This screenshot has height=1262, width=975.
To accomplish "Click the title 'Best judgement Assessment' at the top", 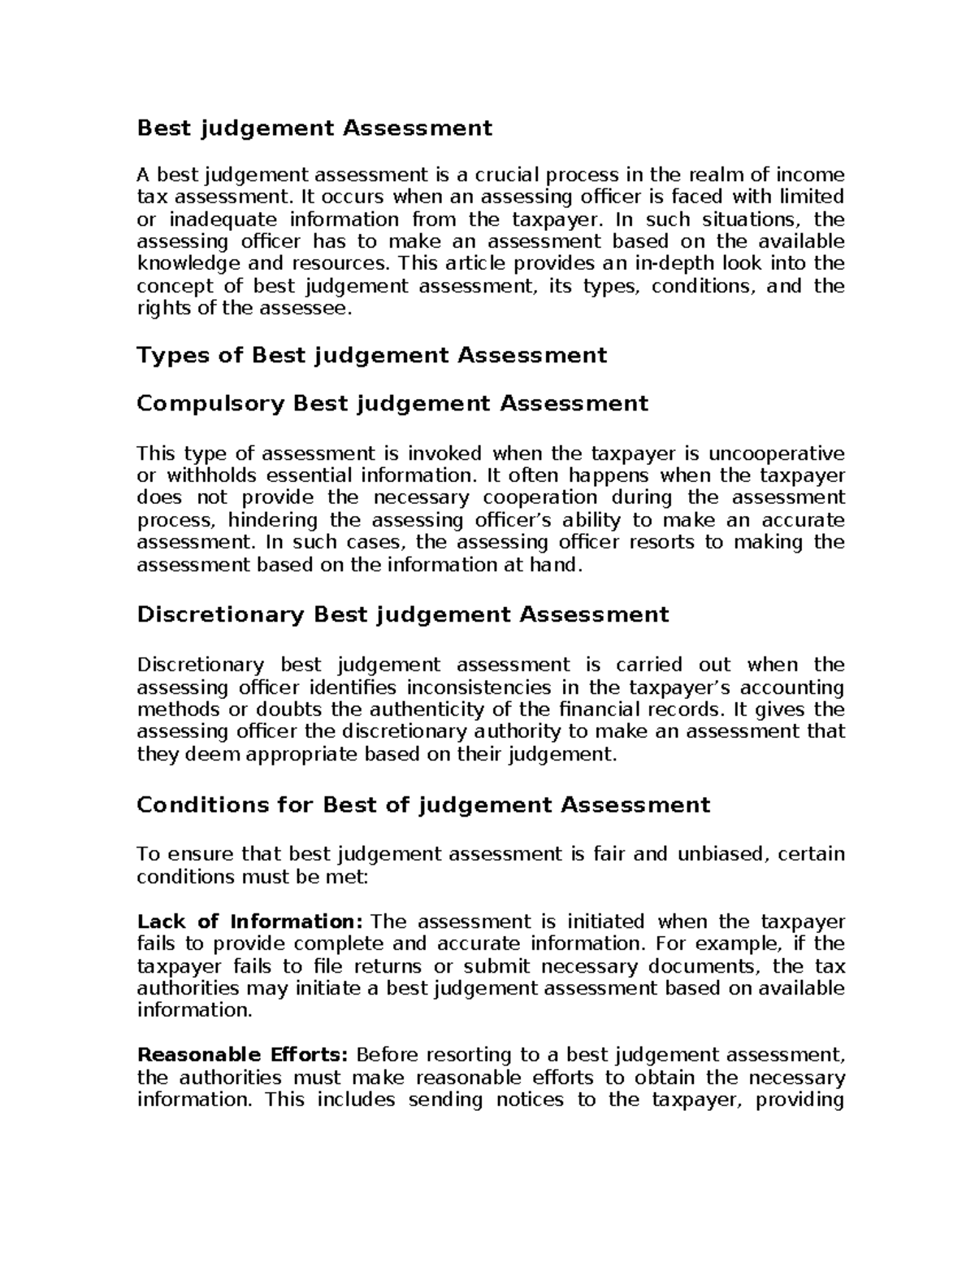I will coord(314,128).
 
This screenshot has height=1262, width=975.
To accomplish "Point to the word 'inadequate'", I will coord(214,219).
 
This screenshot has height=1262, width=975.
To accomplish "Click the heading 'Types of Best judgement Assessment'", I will coord(371,355).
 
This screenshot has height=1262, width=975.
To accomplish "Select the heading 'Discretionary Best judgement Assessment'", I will coord(402,614).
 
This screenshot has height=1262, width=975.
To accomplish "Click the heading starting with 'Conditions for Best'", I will coord(423,804).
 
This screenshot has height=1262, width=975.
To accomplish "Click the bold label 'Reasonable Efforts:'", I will coord(242,1055).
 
